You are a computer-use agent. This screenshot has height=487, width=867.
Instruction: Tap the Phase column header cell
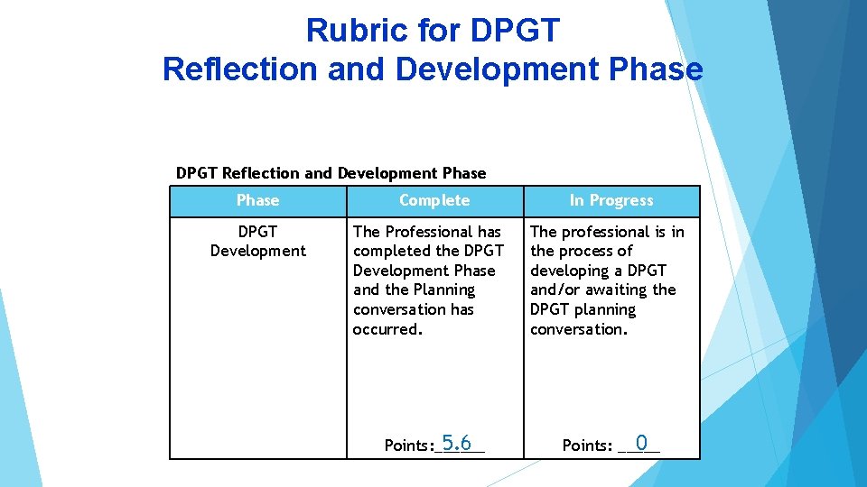(257, 200)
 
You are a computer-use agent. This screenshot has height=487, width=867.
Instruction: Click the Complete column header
(434, 200)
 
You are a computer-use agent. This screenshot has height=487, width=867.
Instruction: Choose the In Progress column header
(611, 200)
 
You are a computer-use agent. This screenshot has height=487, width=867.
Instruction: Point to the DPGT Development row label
(257, 241)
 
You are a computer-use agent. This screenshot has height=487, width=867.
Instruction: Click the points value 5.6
(456, 443)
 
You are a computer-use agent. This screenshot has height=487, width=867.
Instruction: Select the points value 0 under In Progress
(640, 443)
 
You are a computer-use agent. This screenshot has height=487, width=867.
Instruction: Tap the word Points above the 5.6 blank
(407, 446)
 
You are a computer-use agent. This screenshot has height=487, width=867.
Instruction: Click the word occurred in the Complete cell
(387, 329)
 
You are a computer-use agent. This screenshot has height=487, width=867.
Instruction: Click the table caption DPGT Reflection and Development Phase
(331, 173)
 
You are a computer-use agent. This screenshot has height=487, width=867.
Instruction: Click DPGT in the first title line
(515, 31)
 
